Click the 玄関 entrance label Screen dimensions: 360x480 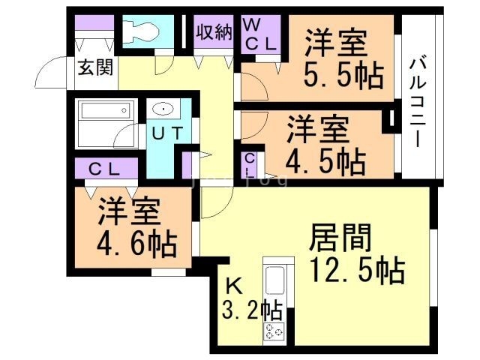(x=94, y=68)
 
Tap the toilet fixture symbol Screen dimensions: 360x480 (x=140, y=31)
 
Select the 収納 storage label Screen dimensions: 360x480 (x=214, y=32)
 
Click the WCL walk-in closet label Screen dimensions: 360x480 (x=261, y=35)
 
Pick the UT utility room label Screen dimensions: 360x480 (x=170, y=134)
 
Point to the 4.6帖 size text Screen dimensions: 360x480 (x=137, y=243)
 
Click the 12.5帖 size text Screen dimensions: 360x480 (x=355, y=270)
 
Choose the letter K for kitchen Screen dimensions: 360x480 (x=234, y=285)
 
